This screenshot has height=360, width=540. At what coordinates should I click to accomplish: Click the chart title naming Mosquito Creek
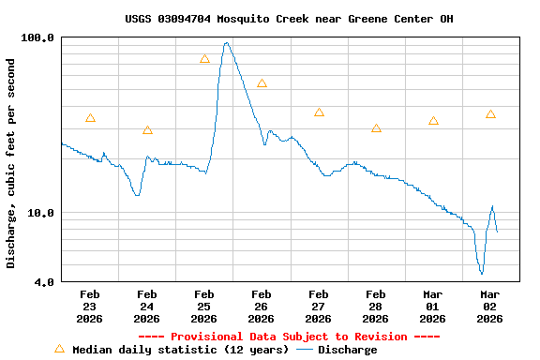pyautogui.click(x=290, y=19)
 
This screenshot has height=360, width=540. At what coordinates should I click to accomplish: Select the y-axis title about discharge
pyautogui.click(x=11, y=163)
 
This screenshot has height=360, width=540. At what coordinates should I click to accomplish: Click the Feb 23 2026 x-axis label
pyautogui.click(x=89, y=307)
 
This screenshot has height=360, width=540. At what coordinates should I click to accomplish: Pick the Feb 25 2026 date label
pyautogui.click(x=203, y=307)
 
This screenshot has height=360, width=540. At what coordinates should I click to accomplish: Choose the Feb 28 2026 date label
pyautogui.click(x=375, y=307)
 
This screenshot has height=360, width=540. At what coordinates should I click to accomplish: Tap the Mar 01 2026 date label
pyautogui.click(x=432, y=307)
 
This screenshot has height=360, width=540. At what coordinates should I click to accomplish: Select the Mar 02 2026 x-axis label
pyautogui.click(x=489, y=307)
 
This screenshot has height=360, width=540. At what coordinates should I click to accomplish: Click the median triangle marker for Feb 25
pyautogui.click(x=204, y=59)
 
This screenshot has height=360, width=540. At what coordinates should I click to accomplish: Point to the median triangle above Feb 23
pyautogui.click(x=90, y=118)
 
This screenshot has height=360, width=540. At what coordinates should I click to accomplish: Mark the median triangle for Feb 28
pyautogui.click(x=376, y=128)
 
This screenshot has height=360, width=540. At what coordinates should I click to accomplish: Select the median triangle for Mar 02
pyautogui.click(x=490, y=114)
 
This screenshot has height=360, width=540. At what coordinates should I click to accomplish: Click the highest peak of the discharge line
pyautogui.click(x=227, y=42)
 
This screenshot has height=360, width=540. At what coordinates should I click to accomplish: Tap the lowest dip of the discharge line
pyautogui.click(x=482, y=273)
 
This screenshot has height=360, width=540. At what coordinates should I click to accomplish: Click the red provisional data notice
pyautogui.click(x=289, y=337)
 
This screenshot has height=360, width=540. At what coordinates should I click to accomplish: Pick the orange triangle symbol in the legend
pyautogui.click(x=59, y=349)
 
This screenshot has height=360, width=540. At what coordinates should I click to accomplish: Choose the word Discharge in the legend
pyautogui.click(x=347, y=350)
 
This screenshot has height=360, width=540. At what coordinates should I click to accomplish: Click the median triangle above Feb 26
pyautogui.click(x=262, y=83)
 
